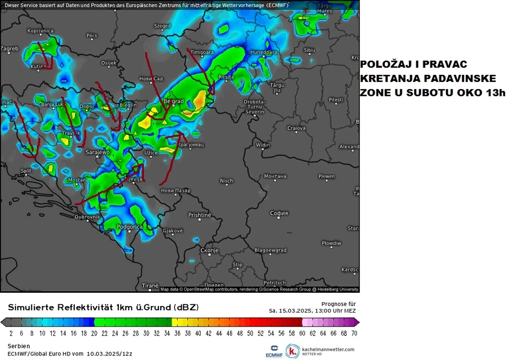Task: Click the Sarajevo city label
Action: [97, 152]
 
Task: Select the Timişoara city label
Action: [201, 52]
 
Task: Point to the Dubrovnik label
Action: [87, 217]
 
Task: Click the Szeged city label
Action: [162, 26]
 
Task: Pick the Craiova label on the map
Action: [296, 128]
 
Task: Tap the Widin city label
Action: [263, 145]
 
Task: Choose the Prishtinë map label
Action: [199, 215]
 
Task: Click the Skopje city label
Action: [210, 250]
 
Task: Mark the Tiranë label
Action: [150, 286]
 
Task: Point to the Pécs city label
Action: [92, 36]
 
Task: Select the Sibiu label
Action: [309, 50]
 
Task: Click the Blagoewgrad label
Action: [271, 250]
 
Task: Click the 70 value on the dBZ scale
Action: [354, 334]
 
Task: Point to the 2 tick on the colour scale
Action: [11, 334]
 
